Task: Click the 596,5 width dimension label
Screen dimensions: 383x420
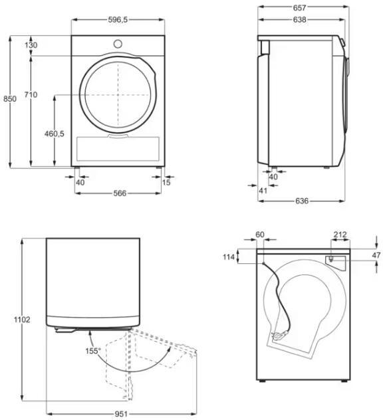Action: pos(118,19)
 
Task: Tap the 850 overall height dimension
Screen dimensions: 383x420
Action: pos(10,99)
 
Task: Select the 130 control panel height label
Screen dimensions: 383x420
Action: pos(31,45)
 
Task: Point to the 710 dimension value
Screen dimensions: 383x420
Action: pos(31,94)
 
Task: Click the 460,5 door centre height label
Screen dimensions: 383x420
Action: pos(55,134)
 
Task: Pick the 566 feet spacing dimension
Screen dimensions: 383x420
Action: pos(120,193)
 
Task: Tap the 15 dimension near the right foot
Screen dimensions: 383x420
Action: pos(166,182)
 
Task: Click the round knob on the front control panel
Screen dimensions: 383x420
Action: pos(118,44)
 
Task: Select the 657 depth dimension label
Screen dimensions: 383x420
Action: pos(299,8)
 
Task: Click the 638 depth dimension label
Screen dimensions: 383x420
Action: pos(299,19)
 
